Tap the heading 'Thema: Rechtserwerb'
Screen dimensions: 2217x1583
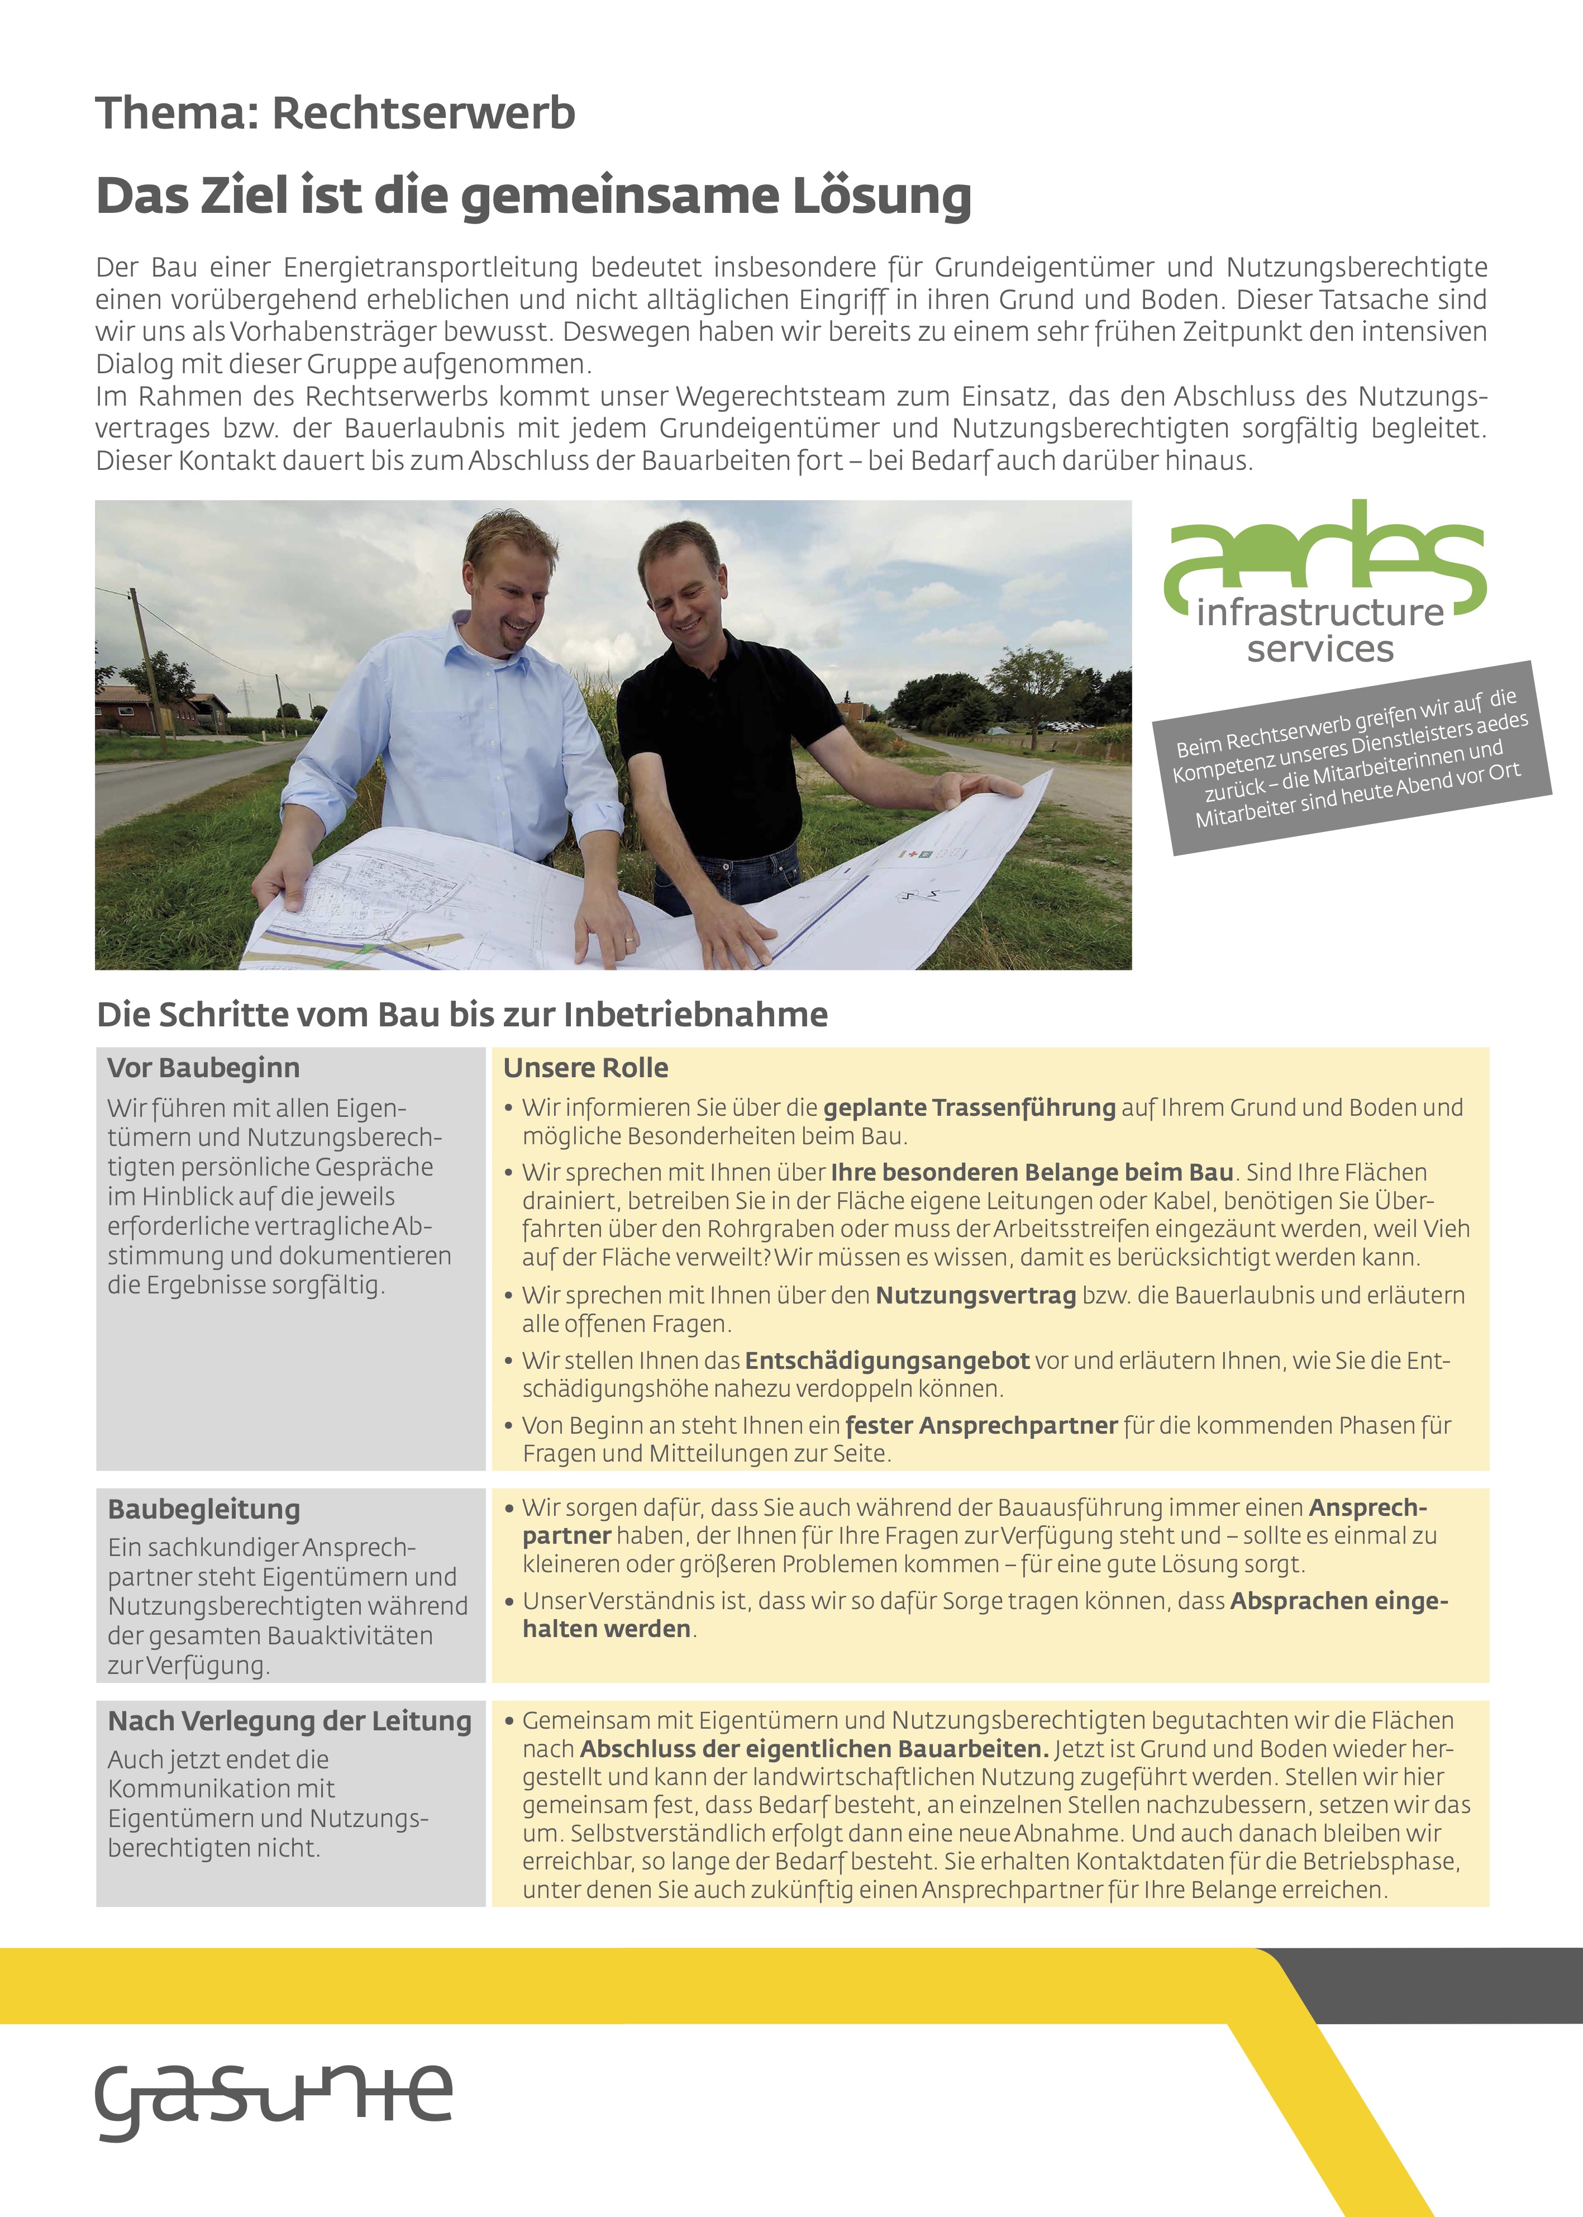[x=335, y=113]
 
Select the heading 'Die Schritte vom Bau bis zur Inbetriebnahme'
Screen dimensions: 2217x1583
[x=462, y=1015]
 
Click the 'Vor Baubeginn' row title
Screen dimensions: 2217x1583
[x=204, y=1068]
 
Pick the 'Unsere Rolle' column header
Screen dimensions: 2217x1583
[x=586, y=1068]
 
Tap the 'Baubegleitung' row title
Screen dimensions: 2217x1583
[x=204, y=1509]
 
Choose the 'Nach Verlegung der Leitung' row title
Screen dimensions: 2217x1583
[x=289, y=1722]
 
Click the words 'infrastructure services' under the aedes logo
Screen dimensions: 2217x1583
[x=1320, y=631]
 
